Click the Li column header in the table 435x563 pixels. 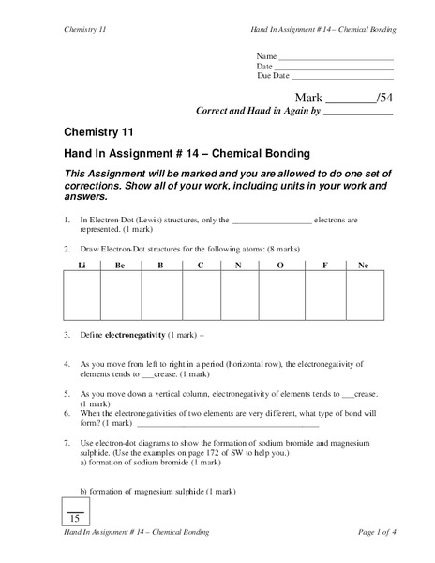(x=82, y=266)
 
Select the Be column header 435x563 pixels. (x=121, y=266)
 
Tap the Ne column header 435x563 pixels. (x=364, y=266)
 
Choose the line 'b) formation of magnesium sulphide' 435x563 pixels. (x=157, y=492)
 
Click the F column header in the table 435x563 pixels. (x=323, y=266)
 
